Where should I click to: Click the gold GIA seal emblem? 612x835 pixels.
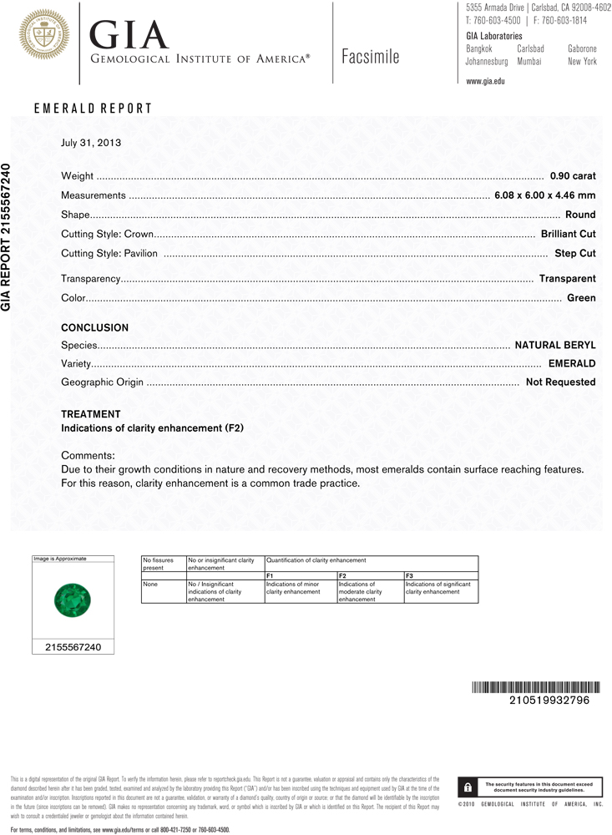pyautogui.click(x=43, y=35)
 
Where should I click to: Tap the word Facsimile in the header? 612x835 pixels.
pyautogui.click(x=370, y=57)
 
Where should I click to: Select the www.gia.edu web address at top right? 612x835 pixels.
pyautogui.click(x=485, y=81)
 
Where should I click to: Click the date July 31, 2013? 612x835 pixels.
pyautogui.click(x=91, y=142)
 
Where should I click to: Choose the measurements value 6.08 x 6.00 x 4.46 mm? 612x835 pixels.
pyautogui.click(x=545, y=195)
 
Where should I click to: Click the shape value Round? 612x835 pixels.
pyautogui.click(x=580, y=215)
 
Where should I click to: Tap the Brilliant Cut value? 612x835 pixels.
pyautogui.click(x=568, y=234)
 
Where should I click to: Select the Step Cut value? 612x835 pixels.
pyautogui.click(x=575, y=253)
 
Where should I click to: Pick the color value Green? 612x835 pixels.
pyautogui.click(x=581, y=297)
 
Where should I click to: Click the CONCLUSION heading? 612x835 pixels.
pyautogui.click(x=95, y=328)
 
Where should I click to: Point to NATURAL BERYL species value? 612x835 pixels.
pyautogui.click(x=554, y=344)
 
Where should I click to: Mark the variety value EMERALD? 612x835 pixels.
pyautogui.click(x=572, y=363)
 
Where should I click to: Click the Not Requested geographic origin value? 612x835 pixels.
pyautogui.click(x=560, y=382)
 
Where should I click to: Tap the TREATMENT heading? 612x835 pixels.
pyautogui.click(x=91, y=414)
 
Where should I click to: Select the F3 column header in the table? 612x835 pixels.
pyautogui.click(x=409, y=575)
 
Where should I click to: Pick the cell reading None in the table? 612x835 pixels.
pyautogui.click(x=150, y=584)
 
